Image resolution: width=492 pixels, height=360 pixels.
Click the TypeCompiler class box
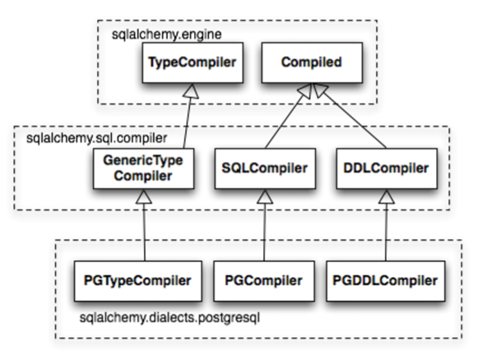pos(193,62)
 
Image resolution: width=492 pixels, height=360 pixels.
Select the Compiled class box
pos(312,62)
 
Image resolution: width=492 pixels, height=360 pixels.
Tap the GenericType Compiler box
pos(143,168)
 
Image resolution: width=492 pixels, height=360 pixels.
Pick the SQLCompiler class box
pos(265,168)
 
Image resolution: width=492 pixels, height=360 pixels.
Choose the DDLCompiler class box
pos(387,168)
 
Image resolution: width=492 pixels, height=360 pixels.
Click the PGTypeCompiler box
pos(137,281)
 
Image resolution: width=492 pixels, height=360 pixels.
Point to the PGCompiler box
pos(264,281)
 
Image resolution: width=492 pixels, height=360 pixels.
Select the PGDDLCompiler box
pos(386,281)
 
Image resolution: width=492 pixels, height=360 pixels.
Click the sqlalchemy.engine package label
pos(167,35)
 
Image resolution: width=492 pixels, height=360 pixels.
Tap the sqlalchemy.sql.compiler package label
pos(96,138)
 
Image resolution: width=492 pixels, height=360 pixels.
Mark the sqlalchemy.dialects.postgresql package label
pos(169,318)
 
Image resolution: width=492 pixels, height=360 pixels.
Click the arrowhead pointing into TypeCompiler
pos(191,91)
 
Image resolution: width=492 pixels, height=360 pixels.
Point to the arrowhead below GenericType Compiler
pos(144,196)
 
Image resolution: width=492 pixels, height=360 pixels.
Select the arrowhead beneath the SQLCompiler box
pos(265,196)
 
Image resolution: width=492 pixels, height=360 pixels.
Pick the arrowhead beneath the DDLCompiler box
pos(387,196)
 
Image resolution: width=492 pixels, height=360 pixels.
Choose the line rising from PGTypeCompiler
pos(144,233)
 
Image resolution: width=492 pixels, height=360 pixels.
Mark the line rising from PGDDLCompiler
pos(386,233)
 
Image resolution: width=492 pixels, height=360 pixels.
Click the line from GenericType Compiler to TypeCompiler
pos(187,123)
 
